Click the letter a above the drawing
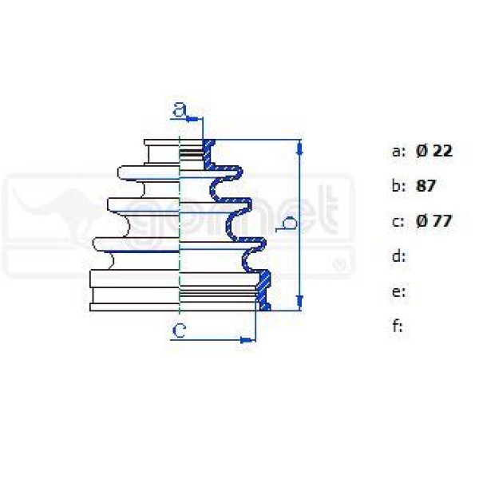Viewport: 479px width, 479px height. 180,109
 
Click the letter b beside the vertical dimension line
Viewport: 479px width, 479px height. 286,224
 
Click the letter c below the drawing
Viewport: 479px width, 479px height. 179,331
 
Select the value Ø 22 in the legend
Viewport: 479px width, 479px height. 434,151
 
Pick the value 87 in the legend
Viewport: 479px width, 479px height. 426,185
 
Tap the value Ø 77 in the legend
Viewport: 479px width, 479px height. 433,221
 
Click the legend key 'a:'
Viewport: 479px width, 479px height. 398,152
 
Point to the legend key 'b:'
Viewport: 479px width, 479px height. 398,186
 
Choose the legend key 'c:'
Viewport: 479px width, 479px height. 398,222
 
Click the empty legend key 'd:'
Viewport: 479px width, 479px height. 398,256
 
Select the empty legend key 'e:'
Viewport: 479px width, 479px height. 398,292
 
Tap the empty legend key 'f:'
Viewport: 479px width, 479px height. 398,326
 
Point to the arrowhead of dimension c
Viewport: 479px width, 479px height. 247,340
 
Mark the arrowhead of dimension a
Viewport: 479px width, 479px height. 192,119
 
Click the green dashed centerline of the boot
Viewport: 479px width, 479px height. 180,225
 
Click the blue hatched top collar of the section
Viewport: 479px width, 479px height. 209,154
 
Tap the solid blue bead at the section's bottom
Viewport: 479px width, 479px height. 265,307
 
